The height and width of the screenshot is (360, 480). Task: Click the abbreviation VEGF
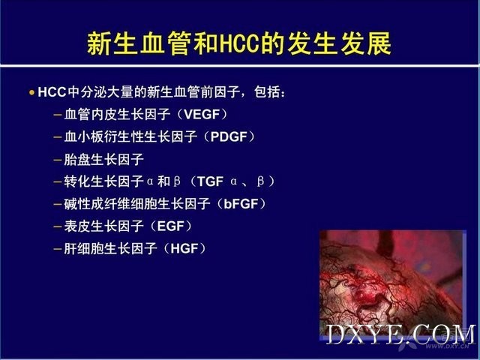click(x=202, y=115)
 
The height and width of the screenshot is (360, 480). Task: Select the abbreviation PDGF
click(x=229, y=136)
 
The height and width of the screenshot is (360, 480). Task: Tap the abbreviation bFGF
click(x=241, y=204)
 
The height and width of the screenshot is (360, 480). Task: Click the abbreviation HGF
click(x=184, y=248)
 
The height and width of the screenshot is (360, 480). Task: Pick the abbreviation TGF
click(x=210, y=181)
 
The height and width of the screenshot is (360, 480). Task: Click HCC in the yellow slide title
click(x=239, y=43)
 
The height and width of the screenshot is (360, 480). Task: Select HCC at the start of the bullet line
click(x=52, y=92)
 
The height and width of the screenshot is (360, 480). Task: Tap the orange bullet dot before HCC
click(x=31, y=92)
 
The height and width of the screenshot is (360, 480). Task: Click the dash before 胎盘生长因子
click(x=58, y=160)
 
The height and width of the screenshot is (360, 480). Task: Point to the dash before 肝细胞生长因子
click(x=58, y=249)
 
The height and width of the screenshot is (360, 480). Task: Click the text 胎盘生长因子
click(x=103, y=160)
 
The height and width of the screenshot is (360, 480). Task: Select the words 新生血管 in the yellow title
click(x=139, y=43)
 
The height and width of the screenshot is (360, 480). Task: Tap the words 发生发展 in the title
click(x=339, y=43)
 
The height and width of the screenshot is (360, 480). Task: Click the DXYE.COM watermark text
click(x=401, y=334)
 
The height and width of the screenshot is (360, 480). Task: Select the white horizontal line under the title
click(x=240, y=65)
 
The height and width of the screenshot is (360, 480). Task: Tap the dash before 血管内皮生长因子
click(x=58, y=115)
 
